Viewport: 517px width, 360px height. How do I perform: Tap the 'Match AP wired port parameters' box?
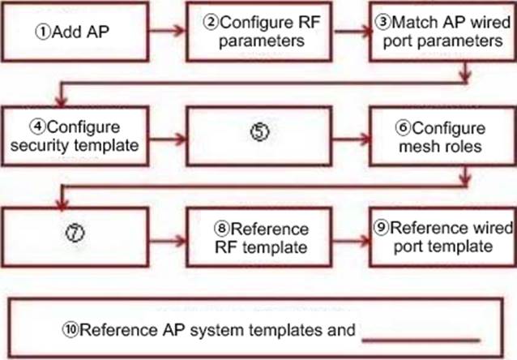point(439,32)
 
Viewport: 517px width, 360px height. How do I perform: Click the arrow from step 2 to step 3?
point(350,33)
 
